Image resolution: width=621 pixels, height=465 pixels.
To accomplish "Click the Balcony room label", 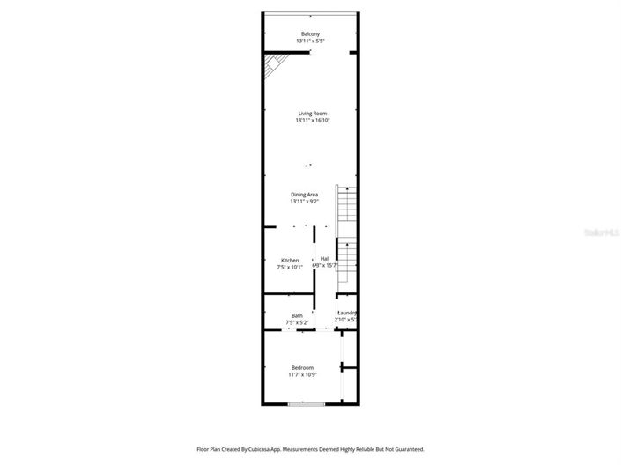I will coord(310,33).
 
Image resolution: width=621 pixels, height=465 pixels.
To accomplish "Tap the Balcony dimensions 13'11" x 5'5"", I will coord(310,41).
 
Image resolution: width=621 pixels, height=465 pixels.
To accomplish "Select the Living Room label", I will coord(313,113).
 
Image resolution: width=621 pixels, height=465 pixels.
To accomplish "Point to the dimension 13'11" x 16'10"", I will coord(313,121).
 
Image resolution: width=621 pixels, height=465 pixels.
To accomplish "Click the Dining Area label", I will coord(305,194).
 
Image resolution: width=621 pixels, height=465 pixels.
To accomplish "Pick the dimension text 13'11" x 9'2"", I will coord(305,202).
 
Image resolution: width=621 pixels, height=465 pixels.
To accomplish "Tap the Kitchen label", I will coord(290,260).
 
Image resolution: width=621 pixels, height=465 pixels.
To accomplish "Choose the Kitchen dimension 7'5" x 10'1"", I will coord(290,267).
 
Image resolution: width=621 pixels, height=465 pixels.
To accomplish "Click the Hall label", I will coord(325,258).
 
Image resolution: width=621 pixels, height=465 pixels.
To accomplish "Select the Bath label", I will coord(298,315).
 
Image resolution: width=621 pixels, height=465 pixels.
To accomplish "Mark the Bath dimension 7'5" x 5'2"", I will coord(297,323).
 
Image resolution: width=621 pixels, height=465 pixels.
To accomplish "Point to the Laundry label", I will coord(347,313).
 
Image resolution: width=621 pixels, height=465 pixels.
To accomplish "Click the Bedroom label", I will coord(303,367).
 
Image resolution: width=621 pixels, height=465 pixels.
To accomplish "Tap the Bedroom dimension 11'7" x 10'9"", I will coord(303,375).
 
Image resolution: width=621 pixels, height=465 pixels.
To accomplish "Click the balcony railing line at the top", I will coord(310,13).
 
